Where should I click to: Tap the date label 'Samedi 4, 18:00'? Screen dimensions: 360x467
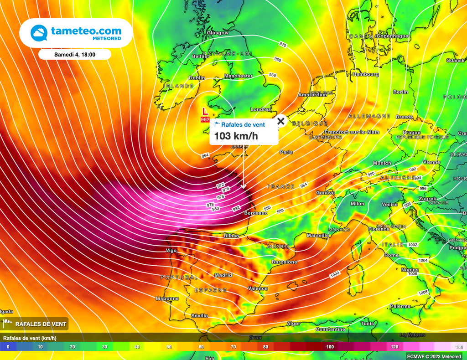click(x=75, y=54)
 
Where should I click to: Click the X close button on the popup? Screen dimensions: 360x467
click(x=281, y=121)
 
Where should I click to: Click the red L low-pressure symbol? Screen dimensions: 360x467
click(x=205, y=111)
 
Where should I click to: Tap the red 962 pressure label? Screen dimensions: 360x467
click(x=205, y=119)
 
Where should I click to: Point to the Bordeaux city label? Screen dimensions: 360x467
click(x=255, y=213)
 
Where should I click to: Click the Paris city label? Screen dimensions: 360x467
click(x=286, y=152)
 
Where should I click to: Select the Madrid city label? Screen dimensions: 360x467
click(x=223, y=275)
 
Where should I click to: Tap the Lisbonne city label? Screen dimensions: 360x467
click(x=167, y=298)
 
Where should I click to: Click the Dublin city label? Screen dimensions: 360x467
click(x=197, y=78)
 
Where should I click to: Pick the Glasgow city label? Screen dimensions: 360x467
click(x=218, y=33)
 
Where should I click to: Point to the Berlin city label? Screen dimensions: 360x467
click(x=400, y=92)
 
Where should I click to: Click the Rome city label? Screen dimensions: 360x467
click(x=391, y=255)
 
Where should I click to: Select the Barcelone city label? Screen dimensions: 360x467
click(x=284, y=262)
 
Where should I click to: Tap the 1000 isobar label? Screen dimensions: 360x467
click(x=335, y=275)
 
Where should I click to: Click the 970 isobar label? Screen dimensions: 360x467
click(x=283, y=45)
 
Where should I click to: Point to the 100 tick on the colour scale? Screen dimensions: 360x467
click(x=330, y=347)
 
